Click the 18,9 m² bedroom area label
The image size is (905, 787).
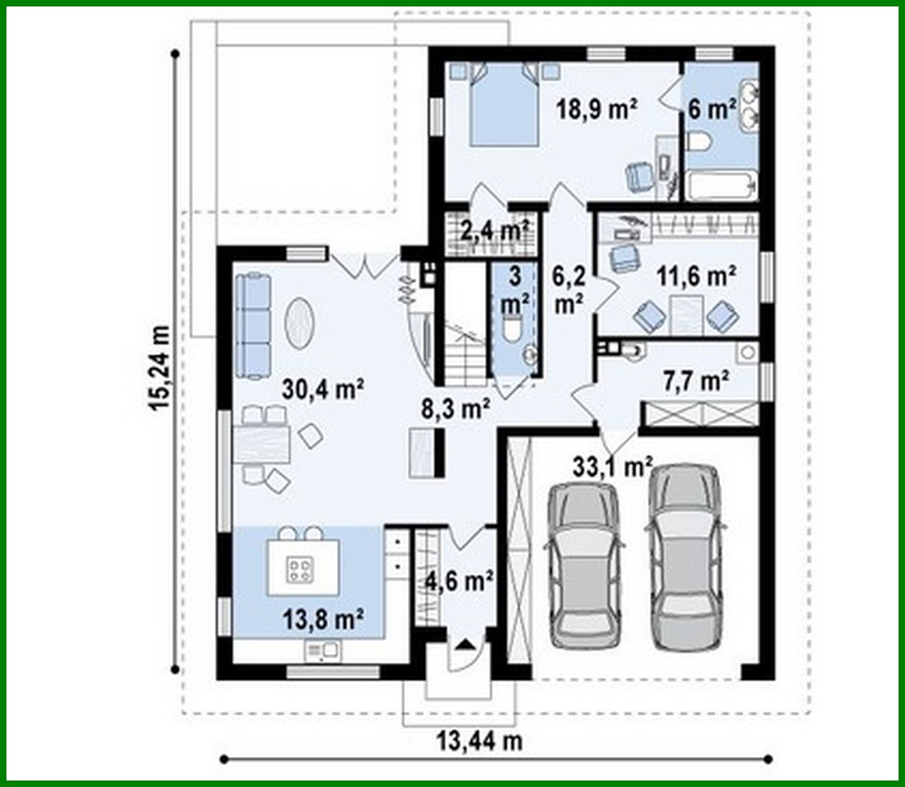click(597, 109)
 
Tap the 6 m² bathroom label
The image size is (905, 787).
click(711, 109)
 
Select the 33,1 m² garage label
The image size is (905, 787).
click(612, 467)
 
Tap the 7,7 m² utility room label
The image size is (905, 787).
click(696, 381)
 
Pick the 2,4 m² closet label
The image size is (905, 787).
click(494, 230)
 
